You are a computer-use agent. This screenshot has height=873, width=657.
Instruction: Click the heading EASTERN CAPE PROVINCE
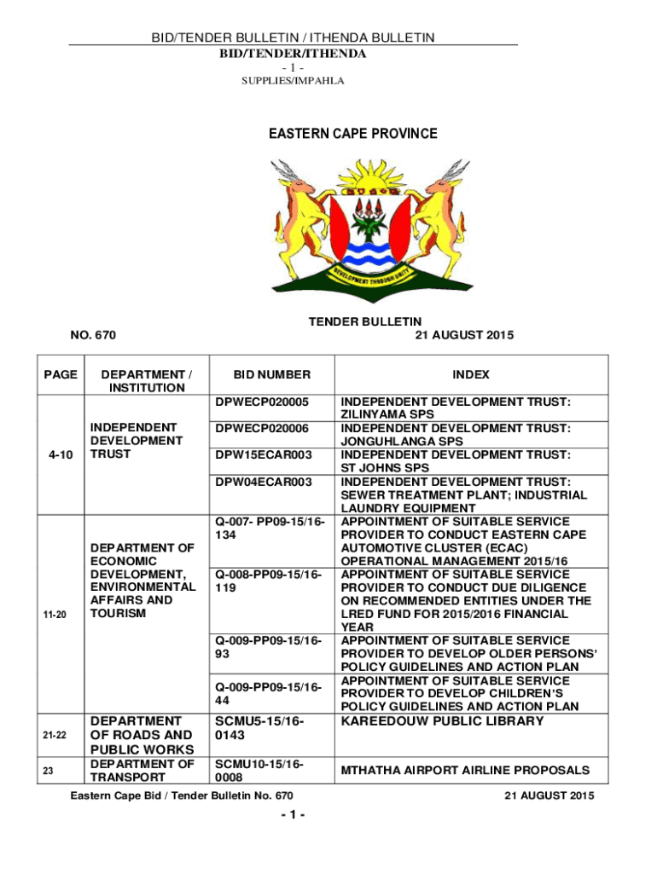353,134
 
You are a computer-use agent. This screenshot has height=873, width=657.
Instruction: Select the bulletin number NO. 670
93,335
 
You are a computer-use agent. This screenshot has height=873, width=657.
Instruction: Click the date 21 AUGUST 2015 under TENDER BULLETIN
463,335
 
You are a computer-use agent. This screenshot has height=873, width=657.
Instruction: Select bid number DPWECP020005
262,401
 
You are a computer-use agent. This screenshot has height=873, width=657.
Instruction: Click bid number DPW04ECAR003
262,482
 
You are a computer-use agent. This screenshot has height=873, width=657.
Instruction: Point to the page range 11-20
60,613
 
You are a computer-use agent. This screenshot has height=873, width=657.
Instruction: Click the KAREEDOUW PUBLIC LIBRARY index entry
442,721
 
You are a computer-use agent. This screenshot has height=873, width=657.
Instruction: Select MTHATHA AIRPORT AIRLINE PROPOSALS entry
465,770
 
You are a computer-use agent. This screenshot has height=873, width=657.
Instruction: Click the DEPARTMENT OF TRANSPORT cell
142,770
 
